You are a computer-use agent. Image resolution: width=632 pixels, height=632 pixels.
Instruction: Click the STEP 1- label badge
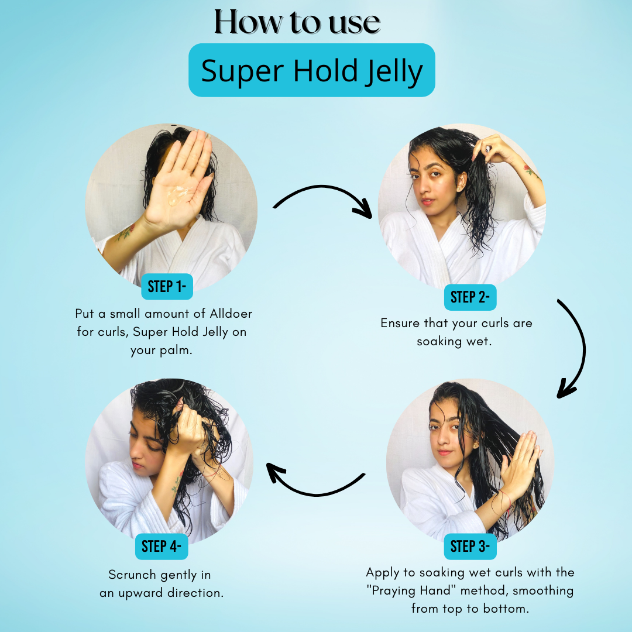click(x=167, y=287)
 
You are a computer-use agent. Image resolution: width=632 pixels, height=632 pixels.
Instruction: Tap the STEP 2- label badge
click(x=470, y=297)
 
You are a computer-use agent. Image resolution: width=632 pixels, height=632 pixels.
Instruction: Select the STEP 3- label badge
click(x=470, y=547)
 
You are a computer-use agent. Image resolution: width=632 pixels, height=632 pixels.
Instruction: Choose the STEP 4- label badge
click(x=162, y=547)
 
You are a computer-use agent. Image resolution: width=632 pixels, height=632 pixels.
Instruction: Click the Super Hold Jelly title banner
click(x=311, y=70)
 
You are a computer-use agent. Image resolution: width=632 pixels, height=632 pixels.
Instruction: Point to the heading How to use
click(x=297, y=22)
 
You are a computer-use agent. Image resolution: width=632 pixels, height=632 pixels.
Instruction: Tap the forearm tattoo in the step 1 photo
click(x=125, y=232)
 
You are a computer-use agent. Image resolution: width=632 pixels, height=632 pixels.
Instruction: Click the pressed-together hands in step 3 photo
click(x=520, y=463)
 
